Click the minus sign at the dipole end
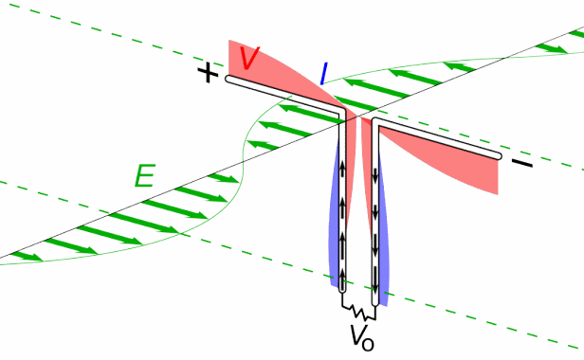pyautogui.click(x=521, y=165)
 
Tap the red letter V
pyautogui.click(x=250, y=59)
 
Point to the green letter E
pyautogui.click(x=144, y=175)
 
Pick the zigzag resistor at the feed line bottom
pyautogui.click(x=359, y=310)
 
